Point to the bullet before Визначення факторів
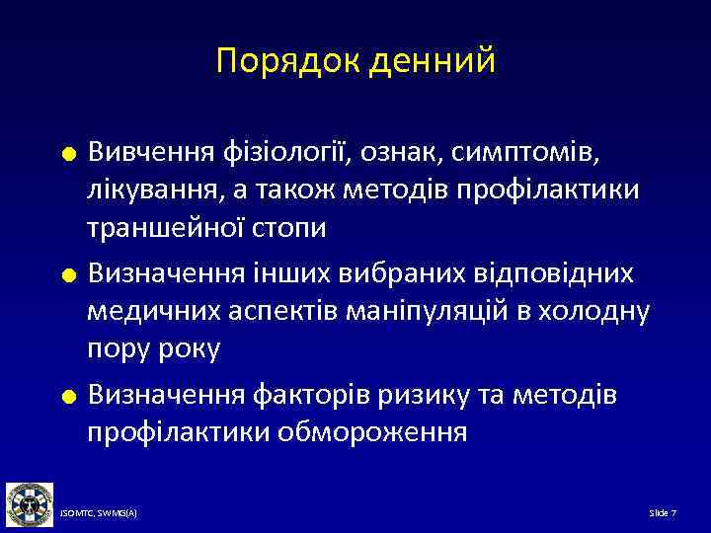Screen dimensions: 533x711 [67, 397]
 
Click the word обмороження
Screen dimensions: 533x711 [374, 432]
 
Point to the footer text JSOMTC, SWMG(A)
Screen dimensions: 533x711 [99, 514]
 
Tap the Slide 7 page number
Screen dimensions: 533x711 [662, 514]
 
